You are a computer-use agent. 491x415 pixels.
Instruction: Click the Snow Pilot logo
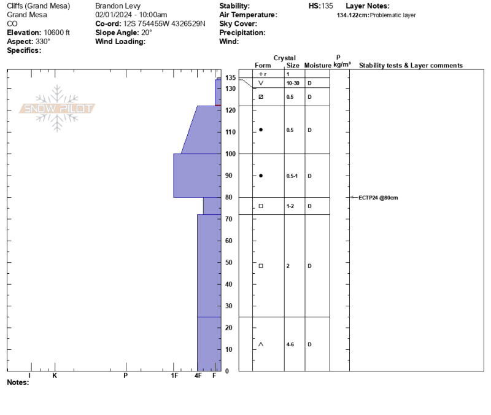[x=57, y=108]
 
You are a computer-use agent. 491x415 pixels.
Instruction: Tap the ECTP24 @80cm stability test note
[x=378, y=198]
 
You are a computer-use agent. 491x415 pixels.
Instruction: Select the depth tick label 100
[x=231, y=154]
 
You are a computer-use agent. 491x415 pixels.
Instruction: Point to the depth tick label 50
[x=229, y=263]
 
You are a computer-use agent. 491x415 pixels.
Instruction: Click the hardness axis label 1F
[x=174, y=376]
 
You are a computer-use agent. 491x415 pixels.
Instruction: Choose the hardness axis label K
[x=55, y=376]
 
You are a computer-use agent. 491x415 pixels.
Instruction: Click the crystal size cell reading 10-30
[x=293, y=83]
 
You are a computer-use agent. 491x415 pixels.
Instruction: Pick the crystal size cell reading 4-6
[x=290, y=344]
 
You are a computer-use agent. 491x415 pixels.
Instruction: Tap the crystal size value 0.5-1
[x=292, y=176]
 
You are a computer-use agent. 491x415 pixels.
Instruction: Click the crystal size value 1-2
[x=290, y=206]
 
